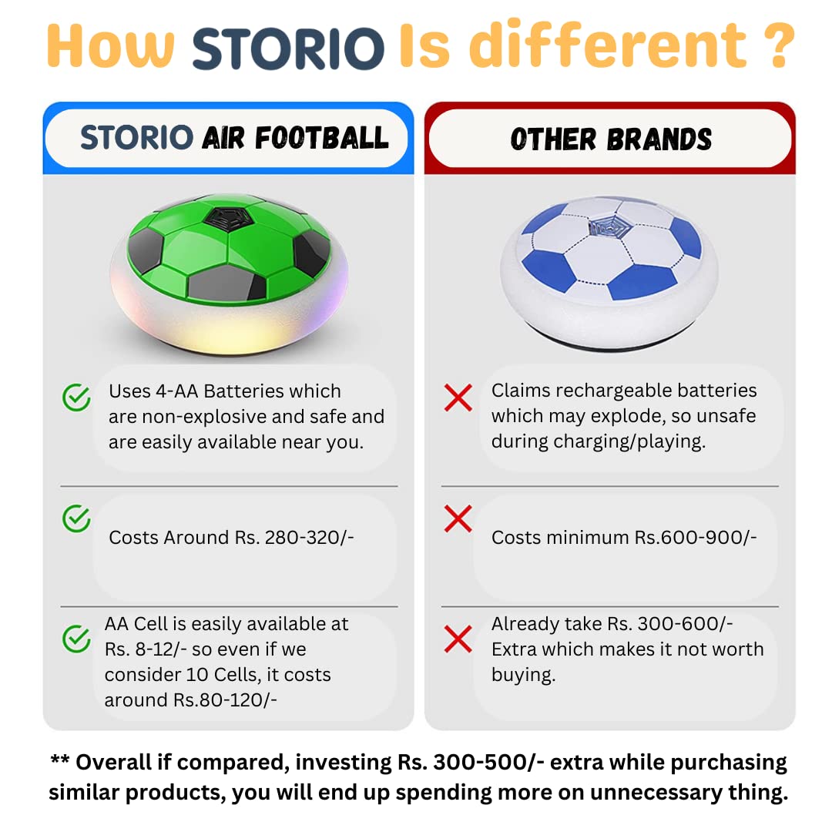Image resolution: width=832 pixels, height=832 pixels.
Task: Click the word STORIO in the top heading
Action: coord(288,48)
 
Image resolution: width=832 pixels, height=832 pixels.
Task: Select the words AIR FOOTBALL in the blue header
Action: coord(295,138)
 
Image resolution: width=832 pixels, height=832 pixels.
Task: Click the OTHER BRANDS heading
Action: coord(611,139)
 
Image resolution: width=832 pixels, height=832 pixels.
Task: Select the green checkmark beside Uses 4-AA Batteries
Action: coord(76,398)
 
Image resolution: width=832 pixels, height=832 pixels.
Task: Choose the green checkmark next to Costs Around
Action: coord(76,518)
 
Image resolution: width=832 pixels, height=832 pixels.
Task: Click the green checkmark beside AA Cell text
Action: coord(76,639)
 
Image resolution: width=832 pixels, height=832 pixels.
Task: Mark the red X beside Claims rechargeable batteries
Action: coord(458,398)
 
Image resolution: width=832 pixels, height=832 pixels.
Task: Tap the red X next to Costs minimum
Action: coord(458,518)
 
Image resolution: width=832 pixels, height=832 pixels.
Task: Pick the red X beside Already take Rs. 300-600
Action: coord(458,639)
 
